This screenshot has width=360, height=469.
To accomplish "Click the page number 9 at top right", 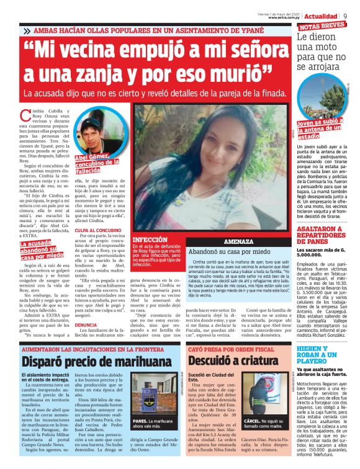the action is pos(353,14).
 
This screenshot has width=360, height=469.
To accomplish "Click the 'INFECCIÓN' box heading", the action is pos(150,238).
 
